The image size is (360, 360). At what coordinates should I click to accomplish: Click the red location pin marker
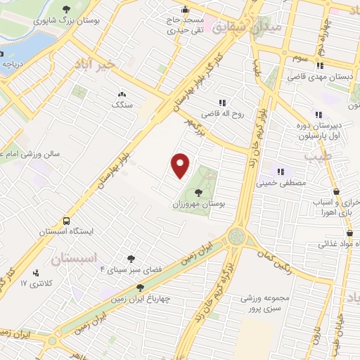181,164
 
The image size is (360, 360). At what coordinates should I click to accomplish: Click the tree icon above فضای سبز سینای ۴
131,258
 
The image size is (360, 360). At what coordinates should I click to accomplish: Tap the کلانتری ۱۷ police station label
32,283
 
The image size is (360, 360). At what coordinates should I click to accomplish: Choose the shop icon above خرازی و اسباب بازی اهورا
336,191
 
